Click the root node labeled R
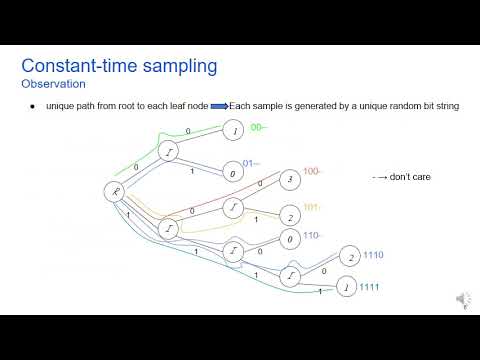tap(112, 189)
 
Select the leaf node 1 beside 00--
tap(232, 131)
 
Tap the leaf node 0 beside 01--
tap(232, 173)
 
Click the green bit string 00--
tap(258, 128)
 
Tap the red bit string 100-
tap(312, 172)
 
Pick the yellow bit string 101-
tap(312, 209)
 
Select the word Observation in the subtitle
tap(52, 84)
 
